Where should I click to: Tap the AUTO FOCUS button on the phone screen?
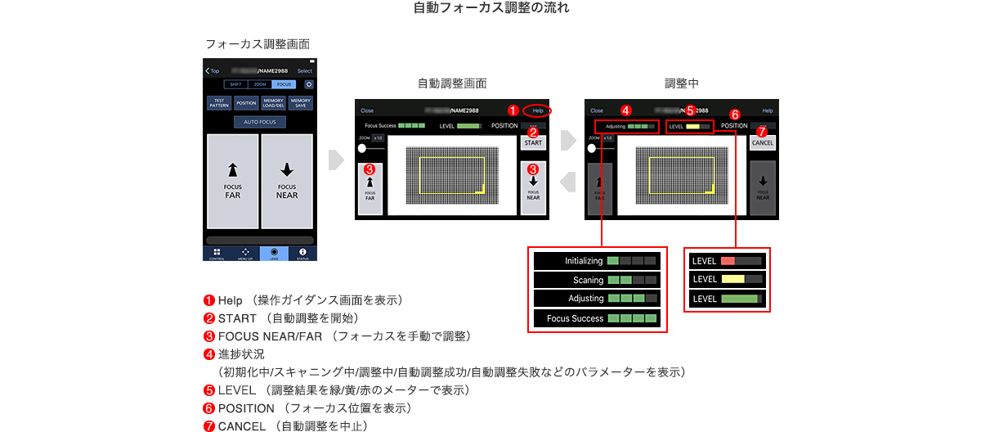coord(260,122)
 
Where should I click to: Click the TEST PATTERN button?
coord(219,103)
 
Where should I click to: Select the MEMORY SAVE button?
coord(300,103)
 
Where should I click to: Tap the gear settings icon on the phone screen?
coord(308,84)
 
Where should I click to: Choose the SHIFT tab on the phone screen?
coord(235,84)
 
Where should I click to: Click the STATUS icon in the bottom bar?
coord(302,253)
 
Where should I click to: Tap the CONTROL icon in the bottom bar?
coord(217,253)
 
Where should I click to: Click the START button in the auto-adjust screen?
coord(533,143)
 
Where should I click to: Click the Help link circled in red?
coord(537,110)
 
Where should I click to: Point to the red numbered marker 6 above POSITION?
coord(734,115)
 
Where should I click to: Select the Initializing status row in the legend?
coord(597,261)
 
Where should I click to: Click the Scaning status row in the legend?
coord(597,280)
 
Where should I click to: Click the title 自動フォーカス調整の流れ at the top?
coord(490,9)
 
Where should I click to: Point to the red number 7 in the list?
coord(209,426)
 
